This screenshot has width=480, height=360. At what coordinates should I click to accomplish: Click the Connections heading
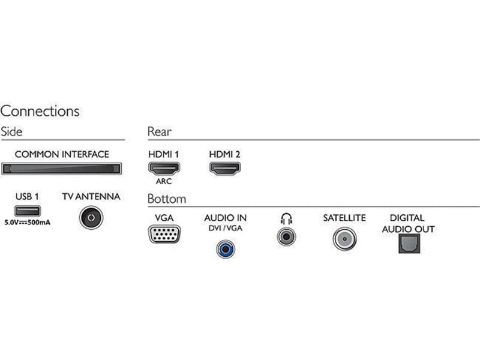coord(40,111)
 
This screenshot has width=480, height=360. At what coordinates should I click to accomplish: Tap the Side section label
coord(11,131)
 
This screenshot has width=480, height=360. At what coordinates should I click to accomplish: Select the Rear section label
coord(159,131)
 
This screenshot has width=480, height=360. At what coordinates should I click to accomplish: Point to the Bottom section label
coord(167,199)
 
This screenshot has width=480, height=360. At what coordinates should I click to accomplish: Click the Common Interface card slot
coord(62,169)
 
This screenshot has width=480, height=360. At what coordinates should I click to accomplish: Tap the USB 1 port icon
coord(27,211)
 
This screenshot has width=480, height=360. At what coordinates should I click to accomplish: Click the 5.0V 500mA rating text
coord(27,223)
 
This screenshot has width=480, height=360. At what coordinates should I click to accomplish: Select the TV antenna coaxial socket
coord(91,218)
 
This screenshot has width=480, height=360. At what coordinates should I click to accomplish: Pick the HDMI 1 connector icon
coord(164,169)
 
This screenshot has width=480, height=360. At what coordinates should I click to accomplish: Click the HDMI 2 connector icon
coord(225,169)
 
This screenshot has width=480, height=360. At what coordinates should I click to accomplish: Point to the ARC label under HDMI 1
coord(164,181)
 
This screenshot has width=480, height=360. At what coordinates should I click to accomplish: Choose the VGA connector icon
coord(164,234)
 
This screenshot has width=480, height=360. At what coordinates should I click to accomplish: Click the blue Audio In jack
coord(226,249)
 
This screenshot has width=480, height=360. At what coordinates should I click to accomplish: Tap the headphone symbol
coord(286,218)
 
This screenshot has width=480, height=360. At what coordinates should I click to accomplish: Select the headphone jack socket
coord(286,236)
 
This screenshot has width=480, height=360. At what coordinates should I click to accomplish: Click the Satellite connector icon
coord(344,239)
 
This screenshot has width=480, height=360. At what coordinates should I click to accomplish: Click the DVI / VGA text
coord(226,229)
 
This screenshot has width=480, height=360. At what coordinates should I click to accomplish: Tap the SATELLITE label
coord(344,218)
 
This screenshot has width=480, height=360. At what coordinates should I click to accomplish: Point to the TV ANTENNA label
coord(91,197)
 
